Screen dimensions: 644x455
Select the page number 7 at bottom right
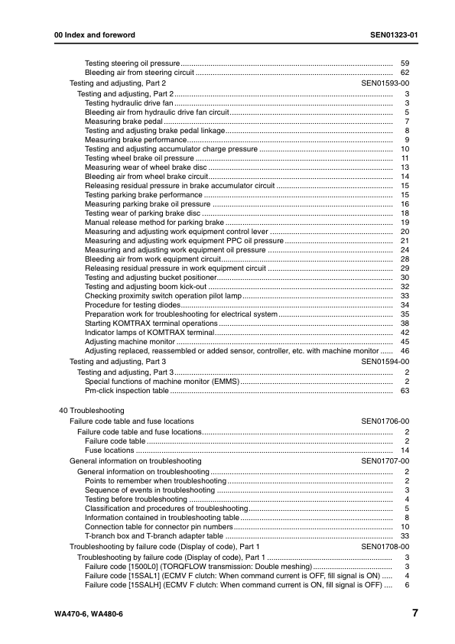[414, 613]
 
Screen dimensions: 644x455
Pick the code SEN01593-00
[385, 83]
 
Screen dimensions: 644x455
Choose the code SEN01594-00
[385, 361]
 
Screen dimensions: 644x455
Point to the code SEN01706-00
[385, 421]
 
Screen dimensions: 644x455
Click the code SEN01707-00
[385, 461]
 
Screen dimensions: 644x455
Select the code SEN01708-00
[385, 548]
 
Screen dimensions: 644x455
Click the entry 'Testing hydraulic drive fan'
[129, 102]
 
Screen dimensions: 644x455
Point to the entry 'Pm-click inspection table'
[126, 391]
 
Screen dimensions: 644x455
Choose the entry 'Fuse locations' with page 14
[109, 451]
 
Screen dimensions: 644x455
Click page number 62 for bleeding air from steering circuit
[405, 72]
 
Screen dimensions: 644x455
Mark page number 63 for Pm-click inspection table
[405, 391]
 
